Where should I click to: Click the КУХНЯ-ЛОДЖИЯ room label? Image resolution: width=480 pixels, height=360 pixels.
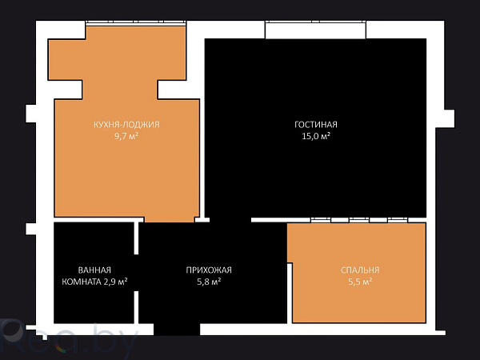pyautogui.click(x=126, y=125)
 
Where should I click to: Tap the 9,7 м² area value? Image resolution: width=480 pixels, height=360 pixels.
pyautogui.click(x=126, y=136)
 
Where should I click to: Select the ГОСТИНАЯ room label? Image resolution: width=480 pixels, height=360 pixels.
pyautogui.click(x=316, y=125)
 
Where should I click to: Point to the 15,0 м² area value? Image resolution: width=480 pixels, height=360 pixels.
pyautogui.click(x=316, y=136)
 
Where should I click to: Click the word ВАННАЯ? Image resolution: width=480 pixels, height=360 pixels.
pyautogui.click(x=94, y=270)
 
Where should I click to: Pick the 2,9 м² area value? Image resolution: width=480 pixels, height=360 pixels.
pyautogui.click(x=115, y=282)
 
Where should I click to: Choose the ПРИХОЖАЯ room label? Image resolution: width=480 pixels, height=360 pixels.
pyautogui.click(x=209, y=270)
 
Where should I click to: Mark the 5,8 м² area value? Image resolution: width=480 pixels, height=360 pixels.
pyautogui.click(x=209, y=282)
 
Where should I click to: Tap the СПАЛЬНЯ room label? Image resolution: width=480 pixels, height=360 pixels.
pyautogui.click(x=359, y=270)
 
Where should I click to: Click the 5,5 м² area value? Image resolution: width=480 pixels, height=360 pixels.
pyautogui.click(x=359, y=282)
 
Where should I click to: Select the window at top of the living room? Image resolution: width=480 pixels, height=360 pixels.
pyautogui.click(x=316, y=30)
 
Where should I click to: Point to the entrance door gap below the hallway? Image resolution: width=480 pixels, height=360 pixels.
pyautogui.click(x=177, y=329)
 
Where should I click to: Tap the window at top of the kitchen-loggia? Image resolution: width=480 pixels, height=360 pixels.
pyautogui.click(x=136, y=22)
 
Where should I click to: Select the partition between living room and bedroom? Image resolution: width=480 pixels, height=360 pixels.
pyautogui.click(x=360, y=219)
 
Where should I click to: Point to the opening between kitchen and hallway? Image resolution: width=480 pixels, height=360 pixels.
pyautogui.click(x=170, y=221)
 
